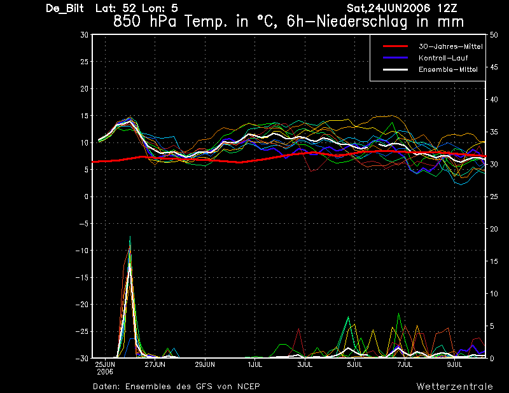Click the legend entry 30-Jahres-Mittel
pos(450,46)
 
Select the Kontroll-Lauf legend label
pos(443,58)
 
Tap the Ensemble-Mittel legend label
pos(448,69)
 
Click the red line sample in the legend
pos(395,46)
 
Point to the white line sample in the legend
pos(395,69)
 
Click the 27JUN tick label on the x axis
pos(155,364)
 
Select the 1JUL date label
pos(255,364)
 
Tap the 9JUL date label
pos(454,364)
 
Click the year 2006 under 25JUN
pos(105,372)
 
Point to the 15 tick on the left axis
pos(85,116)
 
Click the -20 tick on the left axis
pos(82,305)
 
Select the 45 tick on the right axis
pos(494,67)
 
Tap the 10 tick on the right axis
pos(494,294)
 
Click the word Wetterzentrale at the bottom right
pos(454,387)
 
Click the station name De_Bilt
pos(65,8)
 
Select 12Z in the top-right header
pos(447,8)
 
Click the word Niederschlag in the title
pos(361,22)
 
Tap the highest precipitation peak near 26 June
pos(130,237)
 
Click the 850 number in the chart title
pos(127,22)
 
